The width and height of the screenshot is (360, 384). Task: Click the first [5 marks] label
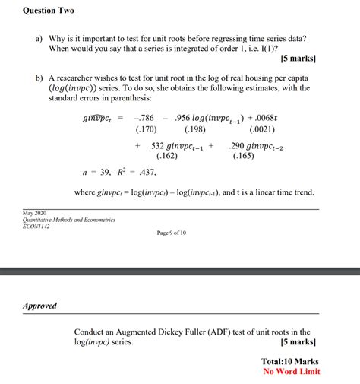pyautogui.click(x=297, y=58)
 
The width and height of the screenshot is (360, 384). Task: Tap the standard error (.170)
pyautogui.click(x=144, y=130)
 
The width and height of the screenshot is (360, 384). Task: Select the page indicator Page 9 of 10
pyautogui.click(x=176, y=233)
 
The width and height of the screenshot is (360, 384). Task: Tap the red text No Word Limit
pyautogui.click(x=292, y=372)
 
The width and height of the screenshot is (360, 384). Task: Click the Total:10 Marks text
pyautogui.click(x=289, y=361)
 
